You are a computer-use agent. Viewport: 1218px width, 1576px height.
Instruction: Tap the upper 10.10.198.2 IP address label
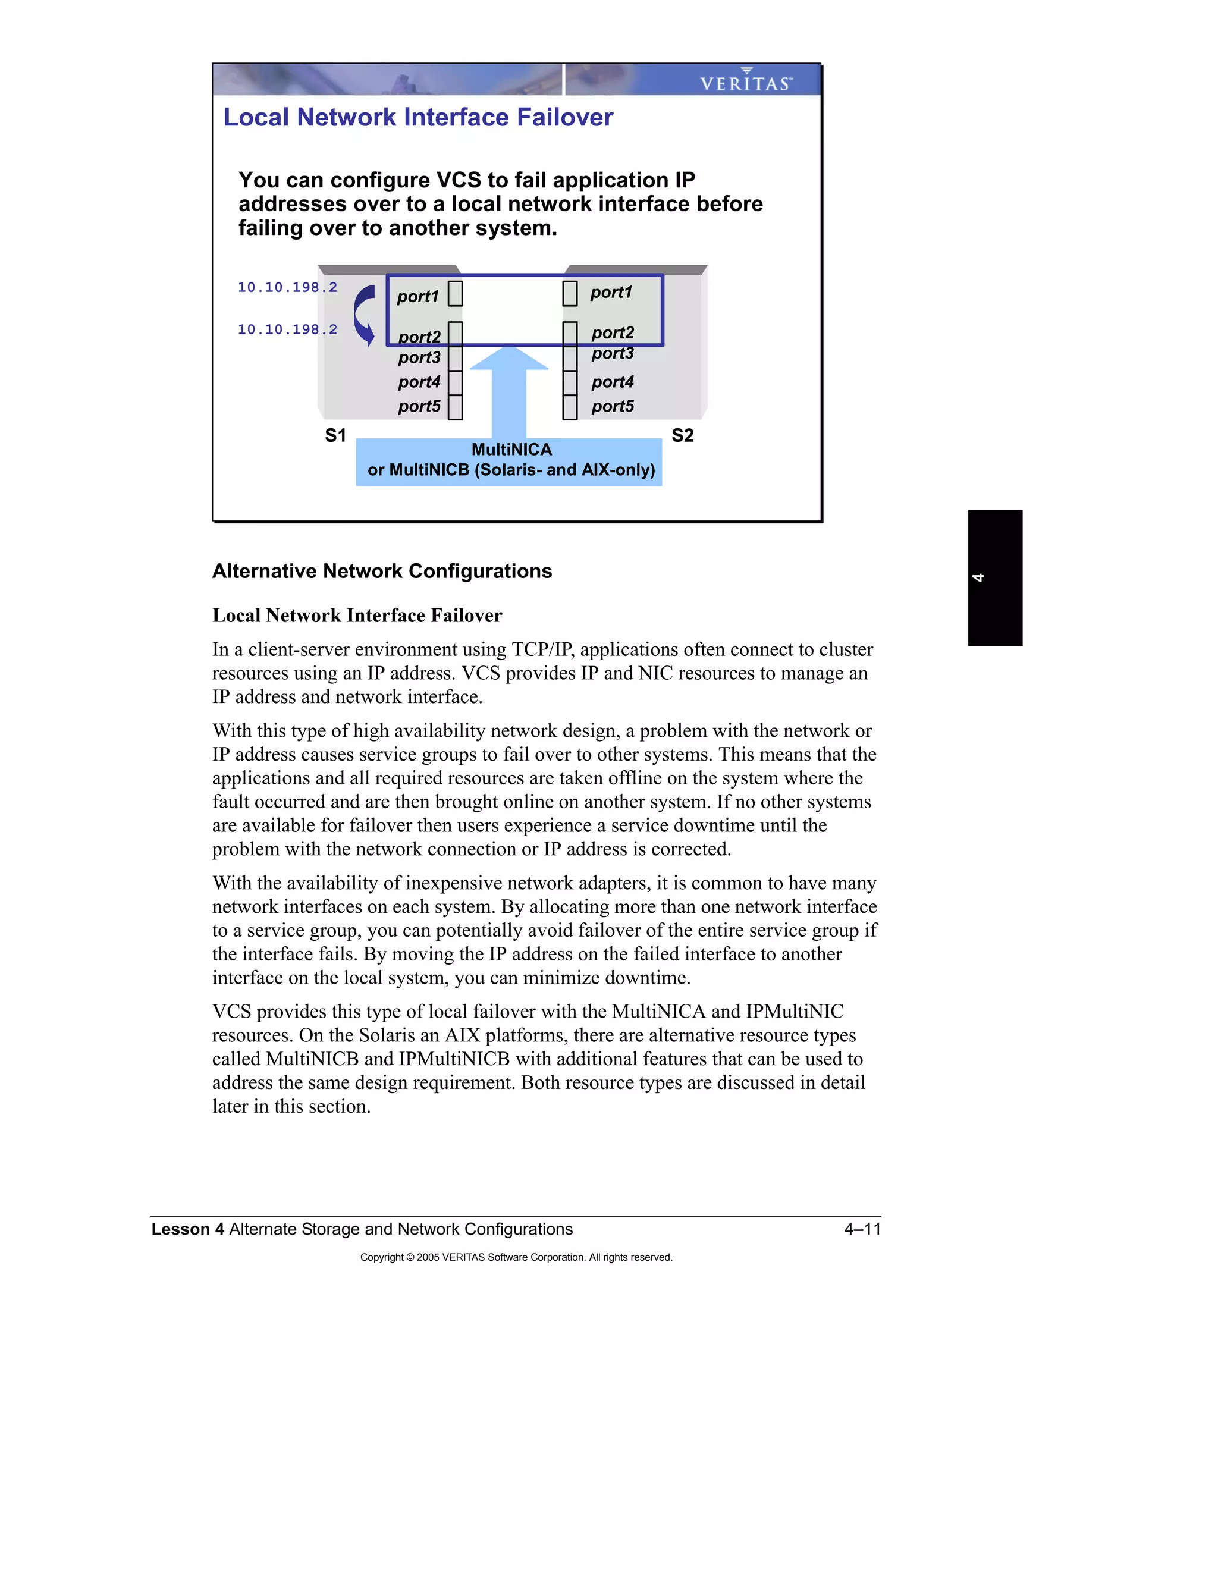[x=287, y=287]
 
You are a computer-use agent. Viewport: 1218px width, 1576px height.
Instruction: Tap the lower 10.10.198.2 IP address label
[x=287, y=330]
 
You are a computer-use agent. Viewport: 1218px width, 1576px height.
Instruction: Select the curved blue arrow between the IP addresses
[x=365, y=315]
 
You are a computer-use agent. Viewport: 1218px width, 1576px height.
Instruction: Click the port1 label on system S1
[x=417, y=297]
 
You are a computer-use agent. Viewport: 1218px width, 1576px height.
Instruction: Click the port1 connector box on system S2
[x=570, y=294]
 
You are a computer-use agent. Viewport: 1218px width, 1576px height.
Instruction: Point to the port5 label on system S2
[x=612, y=406]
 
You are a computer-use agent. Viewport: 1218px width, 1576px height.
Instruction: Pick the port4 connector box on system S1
[x=456, y=382]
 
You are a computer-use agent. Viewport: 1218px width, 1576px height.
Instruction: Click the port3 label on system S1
[x=419, y=358]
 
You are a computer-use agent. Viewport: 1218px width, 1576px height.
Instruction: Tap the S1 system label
[x=335, y=435]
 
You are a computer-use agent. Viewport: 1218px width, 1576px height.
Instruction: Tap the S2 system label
[x=682, y=435]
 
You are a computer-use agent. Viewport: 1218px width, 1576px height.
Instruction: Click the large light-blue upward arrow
[x=508, y=393]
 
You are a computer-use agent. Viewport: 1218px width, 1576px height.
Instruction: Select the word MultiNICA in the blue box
[x=511, y=450]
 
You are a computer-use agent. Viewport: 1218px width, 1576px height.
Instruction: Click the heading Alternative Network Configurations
[x=382, y=571]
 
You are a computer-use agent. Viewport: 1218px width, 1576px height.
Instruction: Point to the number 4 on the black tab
[x=978, y=577]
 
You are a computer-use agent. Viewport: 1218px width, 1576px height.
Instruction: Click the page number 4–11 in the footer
[x=862, y=1229]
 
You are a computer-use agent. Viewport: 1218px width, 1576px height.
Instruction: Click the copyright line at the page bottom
[x=516, y=1257]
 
